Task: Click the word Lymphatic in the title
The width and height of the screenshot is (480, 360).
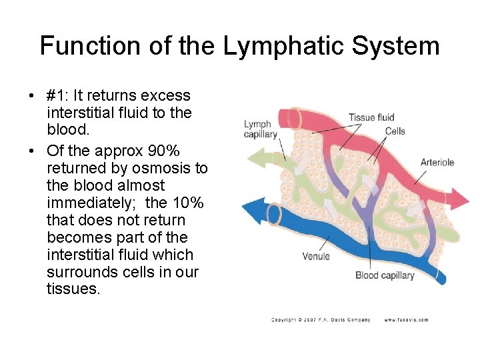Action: (x=285, y=46)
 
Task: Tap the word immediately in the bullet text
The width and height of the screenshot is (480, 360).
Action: (x=86, y=203)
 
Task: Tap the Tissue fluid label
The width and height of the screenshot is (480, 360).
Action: (x=371, y=118)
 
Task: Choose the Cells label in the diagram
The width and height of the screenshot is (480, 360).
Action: (x=395, y=131)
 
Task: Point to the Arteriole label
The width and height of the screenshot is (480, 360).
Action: (x=437, y=162)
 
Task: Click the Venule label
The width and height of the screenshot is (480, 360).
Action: (x=316, y=256)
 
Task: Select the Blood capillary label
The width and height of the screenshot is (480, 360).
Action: (x=385, y=275)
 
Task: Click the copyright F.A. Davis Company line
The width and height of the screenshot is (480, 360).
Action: (x=321, y=320)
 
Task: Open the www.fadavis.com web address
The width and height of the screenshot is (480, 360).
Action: (x=406, y=320)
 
